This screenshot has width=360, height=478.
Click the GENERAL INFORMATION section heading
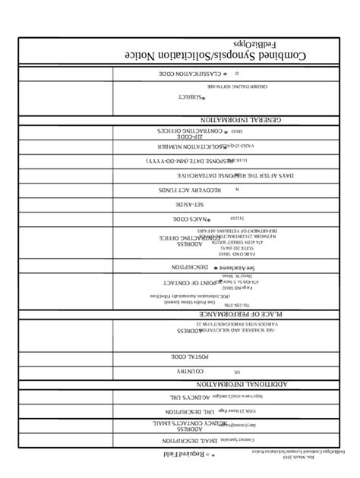(242, 119)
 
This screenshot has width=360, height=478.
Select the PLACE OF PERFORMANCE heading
(242, 313)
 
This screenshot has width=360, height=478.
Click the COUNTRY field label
(190, 371)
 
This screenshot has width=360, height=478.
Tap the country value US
(236, 373)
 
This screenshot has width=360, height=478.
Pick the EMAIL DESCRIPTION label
(182, 439)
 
